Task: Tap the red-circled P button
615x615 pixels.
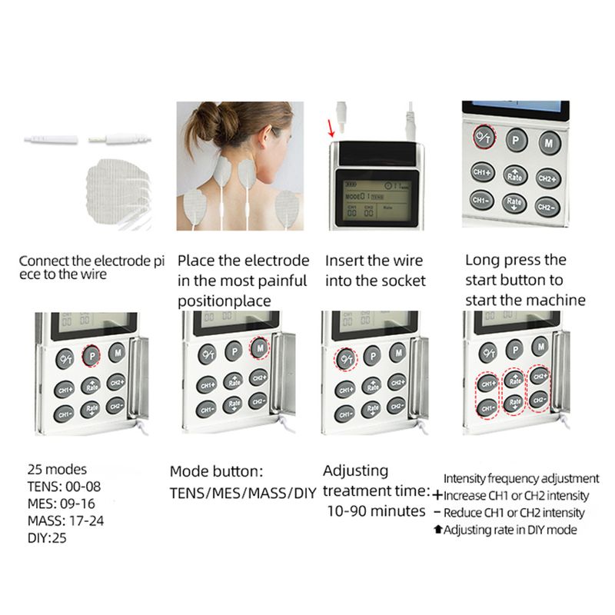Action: pos(91,355)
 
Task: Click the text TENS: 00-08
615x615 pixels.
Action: pos(64,486)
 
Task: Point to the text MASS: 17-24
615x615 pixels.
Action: pos(65,520)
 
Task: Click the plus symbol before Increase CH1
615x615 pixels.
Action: pos(437,496)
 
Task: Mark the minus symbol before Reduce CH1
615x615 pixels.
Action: pos(437,513)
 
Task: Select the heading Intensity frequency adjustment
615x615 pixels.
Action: pos(521,478)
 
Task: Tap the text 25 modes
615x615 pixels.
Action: pos(57,469)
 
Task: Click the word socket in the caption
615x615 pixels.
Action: pos(398,281)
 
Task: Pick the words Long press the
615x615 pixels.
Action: pos(515,261)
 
